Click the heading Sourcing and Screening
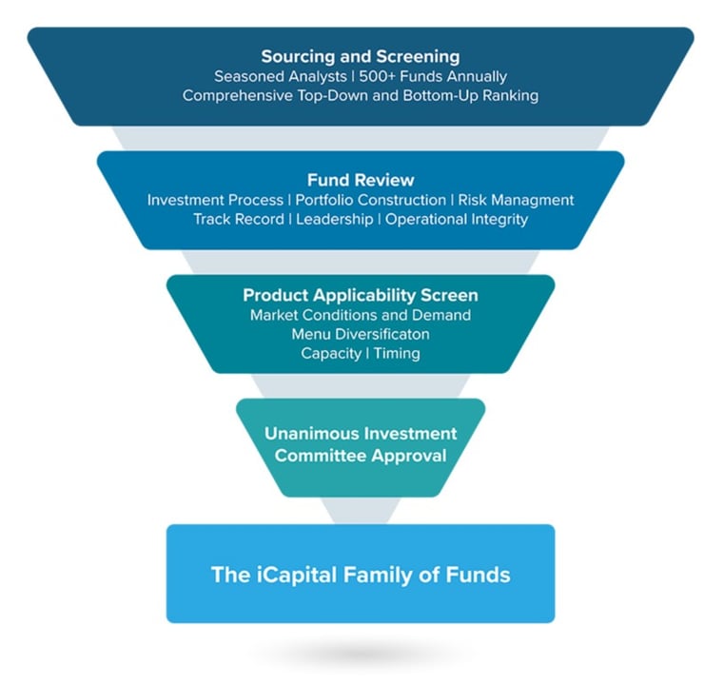(x=360, y=56)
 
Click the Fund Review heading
(x=360, y=180)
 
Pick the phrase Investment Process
(x=215, y=200)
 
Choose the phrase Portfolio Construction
(x=370, y=200)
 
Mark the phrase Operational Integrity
(x=456, y=219)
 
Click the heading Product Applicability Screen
(x=360, y=295)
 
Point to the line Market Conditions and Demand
(x=360, y=315)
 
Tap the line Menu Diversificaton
(x=360, y=334)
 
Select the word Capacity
(x=331, y=353)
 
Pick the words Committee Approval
(x=360, y=455)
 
